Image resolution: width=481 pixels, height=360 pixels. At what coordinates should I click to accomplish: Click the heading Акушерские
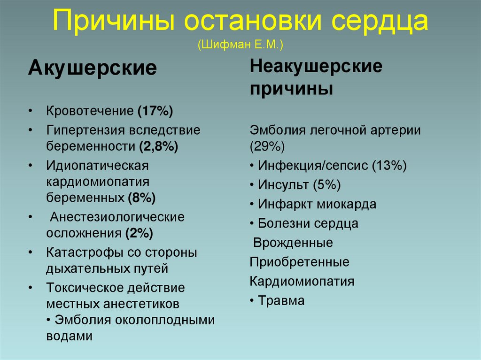pos(92,69)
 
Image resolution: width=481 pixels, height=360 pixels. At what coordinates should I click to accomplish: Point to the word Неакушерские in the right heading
pos(316,66)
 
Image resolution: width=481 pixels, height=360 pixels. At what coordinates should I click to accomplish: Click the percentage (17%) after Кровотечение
pos(155,111)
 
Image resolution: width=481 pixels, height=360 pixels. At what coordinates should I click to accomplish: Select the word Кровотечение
pos(90,111)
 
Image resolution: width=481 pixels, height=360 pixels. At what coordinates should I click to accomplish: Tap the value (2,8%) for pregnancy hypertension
pos(158,146)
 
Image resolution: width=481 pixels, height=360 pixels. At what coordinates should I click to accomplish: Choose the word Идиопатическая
pos(97,165)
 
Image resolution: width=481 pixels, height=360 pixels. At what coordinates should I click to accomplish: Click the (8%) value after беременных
pos(142,198)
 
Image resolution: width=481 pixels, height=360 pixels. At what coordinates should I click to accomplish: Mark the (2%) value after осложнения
pos(139,233)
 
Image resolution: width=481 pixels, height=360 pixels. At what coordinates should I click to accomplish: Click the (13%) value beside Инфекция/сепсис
pos(389,165)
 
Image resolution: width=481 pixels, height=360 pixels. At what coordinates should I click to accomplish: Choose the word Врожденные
pos(293,243)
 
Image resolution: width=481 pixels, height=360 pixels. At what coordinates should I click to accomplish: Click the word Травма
pos(281,300)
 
